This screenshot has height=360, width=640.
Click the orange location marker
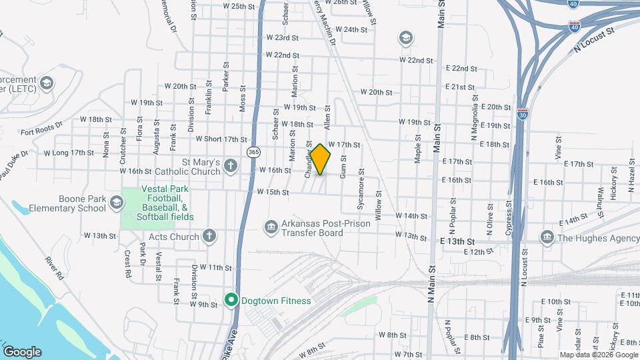click(321, 159)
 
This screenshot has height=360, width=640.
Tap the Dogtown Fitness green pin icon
click(231, 301)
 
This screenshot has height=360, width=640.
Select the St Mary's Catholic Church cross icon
click(231, 166)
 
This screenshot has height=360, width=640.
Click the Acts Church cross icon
click(209, 236)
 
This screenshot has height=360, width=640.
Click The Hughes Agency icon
click(547, 237)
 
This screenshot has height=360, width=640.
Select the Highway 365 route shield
click(253, 152)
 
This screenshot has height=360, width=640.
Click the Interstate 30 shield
click(523, 114)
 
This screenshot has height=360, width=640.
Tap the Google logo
click(22, 352)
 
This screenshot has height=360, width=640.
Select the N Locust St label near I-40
click(595, 39)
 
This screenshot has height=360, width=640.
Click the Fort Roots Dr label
click(41, 128)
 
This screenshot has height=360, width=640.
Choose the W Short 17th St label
click(221, 139)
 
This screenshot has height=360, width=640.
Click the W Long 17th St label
click(69, 153)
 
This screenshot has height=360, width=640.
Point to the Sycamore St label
click(360, 194)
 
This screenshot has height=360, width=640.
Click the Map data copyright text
click(598, 355)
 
